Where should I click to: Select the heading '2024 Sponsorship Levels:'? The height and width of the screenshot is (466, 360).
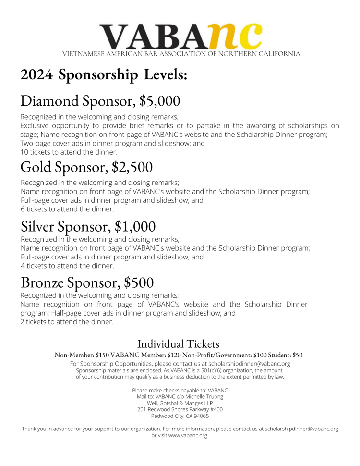click(104, 75)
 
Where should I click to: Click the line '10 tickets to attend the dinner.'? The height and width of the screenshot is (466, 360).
click(69, 152)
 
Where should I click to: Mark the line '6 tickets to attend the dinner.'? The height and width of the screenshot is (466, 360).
click(67, 209)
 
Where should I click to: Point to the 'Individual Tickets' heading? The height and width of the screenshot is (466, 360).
click(178, 344)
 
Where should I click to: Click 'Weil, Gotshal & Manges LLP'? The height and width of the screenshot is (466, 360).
click(180, 403)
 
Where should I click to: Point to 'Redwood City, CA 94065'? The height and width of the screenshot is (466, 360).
click(180, 416)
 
